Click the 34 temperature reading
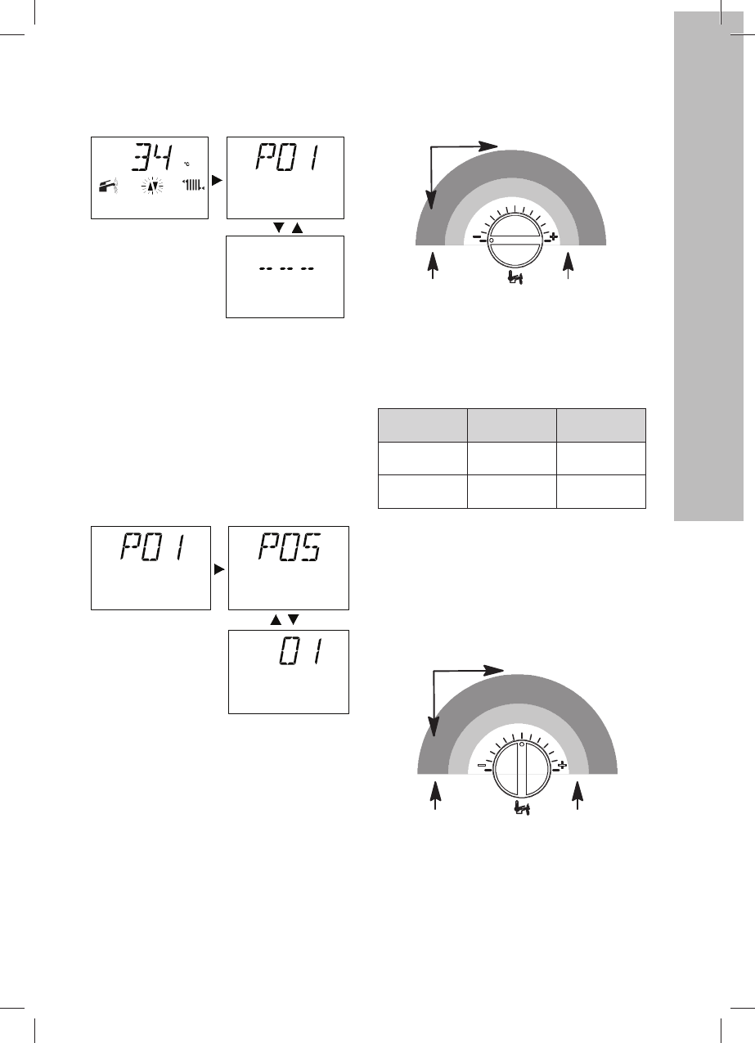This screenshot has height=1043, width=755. (152, 158)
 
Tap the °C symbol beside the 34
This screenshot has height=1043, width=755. (187, 164)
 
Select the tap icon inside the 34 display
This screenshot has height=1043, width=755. (109, 186)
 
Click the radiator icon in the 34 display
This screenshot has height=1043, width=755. (194, 186)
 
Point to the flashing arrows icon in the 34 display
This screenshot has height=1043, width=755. (152, 187)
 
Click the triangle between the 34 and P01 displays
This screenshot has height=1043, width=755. (217, 180)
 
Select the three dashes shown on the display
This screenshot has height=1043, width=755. (287, 268)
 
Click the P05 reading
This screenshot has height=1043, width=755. (290, 546)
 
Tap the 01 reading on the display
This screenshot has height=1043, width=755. (301, 651)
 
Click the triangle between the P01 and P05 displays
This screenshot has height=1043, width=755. (219, 569)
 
